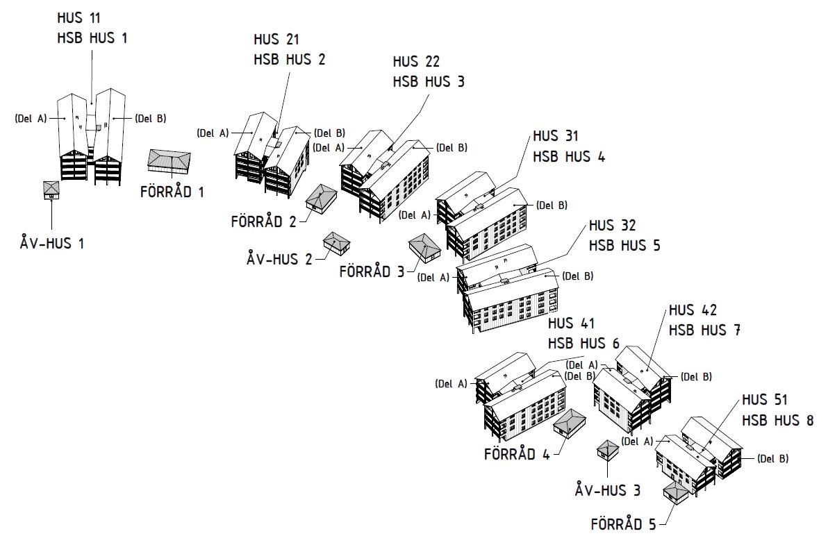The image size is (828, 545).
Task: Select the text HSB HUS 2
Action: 289,59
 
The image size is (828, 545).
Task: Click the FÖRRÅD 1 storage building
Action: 168,161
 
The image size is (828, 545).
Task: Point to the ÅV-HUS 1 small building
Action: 51,190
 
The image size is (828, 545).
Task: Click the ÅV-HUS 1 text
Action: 52,244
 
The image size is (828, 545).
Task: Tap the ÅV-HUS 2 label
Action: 279,259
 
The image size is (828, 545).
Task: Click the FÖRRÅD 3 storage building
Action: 425,247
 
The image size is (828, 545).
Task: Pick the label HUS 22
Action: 415,62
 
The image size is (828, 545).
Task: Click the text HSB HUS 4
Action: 568,156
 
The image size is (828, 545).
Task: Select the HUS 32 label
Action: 612,226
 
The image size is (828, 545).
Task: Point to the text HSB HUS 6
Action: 583,343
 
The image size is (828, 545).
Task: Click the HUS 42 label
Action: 693,310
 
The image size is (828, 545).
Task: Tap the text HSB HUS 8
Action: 777,420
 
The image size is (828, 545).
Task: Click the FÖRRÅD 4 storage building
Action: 568,423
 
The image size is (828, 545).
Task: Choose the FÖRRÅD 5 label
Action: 623,524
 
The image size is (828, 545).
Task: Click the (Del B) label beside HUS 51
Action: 772,458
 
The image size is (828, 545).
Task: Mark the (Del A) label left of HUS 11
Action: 31,118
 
